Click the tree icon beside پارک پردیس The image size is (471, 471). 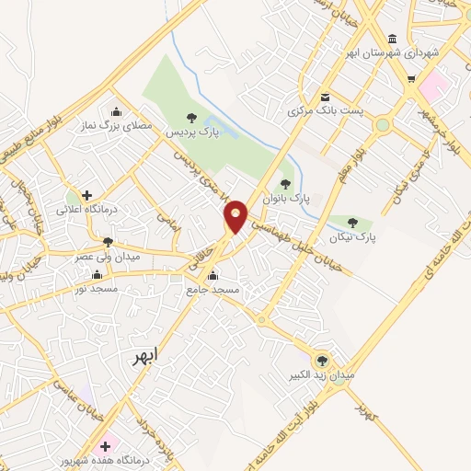[191, 117]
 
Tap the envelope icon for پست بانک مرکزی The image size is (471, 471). [325, 97]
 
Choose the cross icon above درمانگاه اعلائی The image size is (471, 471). [87, 195]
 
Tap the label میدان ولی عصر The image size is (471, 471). [109, 257]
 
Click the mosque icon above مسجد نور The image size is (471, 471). [98, 275]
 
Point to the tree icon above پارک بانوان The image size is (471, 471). [285, 184]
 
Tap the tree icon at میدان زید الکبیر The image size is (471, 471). [322, 361]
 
